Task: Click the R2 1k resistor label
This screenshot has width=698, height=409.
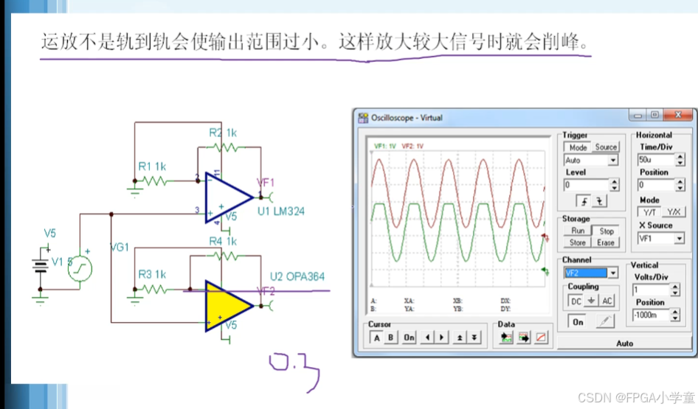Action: click(222, 133)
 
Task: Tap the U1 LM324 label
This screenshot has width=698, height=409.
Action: click(281, 212)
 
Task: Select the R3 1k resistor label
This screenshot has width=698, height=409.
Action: click(152, 274)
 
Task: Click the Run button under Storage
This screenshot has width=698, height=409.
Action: click(578, 231)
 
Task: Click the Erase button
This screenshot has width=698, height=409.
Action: click(606, 242)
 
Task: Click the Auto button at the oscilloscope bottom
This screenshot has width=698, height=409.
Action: click(624, 343)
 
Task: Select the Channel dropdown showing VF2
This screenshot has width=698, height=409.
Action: click(590, 273)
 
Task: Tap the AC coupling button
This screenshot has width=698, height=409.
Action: click(607, 301)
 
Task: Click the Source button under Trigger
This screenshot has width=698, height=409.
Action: click(606, 147)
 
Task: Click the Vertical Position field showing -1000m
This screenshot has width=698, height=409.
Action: click(654, 315)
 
